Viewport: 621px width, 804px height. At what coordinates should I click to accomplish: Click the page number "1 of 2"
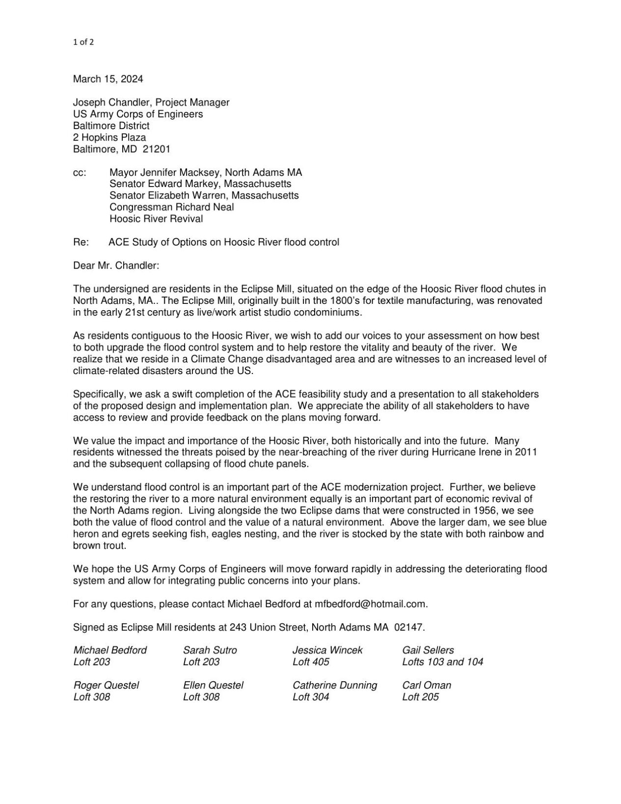tap(83, 42)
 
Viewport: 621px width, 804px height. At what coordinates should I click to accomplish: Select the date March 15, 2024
tap(108, 79)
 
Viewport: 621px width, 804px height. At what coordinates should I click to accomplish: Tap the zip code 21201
tap(157, 149)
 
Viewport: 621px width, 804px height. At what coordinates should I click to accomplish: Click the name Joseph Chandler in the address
tap(110, 103)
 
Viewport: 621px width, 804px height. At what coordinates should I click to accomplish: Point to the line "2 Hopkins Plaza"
tap(109, 137)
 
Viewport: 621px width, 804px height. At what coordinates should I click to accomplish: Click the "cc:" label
tap(80, 173)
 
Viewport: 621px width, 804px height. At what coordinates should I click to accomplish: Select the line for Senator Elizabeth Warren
tap(204, 196)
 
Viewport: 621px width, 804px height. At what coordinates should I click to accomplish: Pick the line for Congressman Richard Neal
tap(171, 207)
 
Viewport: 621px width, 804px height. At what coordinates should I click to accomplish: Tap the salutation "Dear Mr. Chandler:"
tap(116, 266)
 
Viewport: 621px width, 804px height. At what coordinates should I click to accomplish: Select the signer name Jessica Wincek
tap(327, 650)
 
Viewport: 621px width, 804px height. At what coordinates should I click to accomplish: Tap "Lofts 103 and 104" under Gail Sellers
tap(442, 662)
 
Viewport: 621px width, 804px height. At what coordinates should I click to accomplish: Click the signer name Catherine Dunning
tap(334, 686)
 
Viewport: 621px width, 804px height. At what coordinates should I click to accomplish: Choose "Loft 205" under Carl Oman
tap(420, 697)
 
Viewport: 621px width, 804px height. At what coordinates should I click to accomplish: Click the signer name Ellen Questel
tap(213, 686)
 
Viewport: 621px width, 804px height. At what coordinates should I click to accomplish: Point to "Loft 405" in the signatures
tap(311, 662)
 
